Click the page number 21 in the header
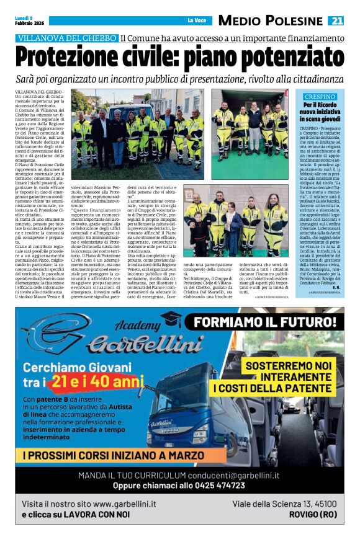pyautogui.click(x=336, y=20)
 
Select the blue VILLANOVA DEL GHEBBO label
pyautogui.click(x=67, y=38)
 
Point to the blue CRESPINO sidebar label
pyautogui.click(x=320, y=97)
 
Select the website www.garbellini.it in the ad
pyautogui.click(x=124, y=504)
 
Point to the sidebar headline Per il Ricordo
pyautogui.click(x=320, y=106)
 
